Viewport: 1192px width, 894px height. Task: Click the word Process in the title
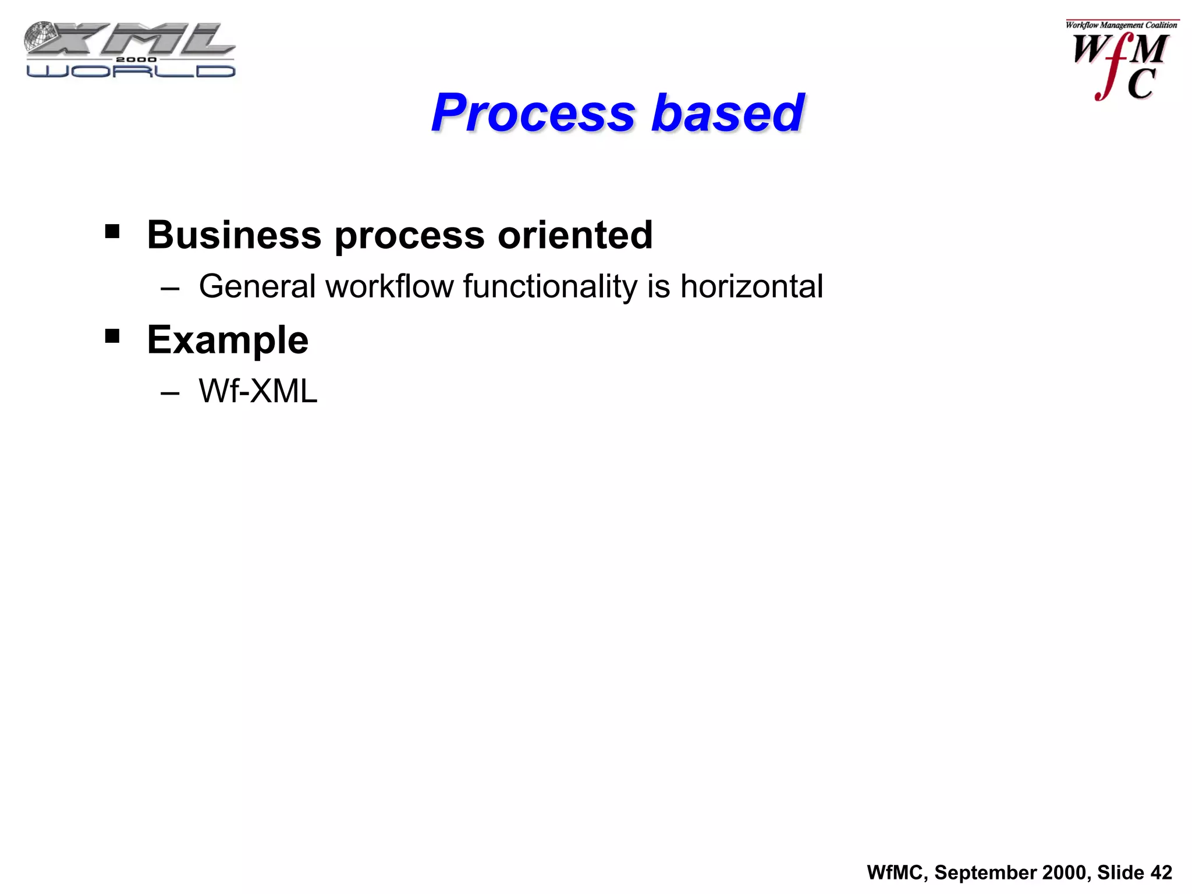coord(533,113)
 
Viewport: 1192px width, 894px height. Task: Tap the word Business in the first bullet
coord(234,235)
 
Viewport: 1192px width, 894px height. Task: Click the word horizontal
coord(751,286)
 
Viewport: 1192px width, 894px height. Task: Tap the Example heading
coord(228,340)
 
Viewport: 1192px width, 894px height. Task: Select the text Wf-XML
coord(258,391)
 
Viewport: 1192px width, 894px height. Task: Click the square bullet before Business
coord(112,232)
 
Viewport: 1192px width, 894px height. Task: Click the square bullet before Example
coord(112,336)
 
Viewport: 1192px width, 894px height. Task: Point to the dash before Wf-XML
coord(169,393)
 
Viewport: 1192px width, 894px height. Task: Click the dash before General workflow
coord(169,289)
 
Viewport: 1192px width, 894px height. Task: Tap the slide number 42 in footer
coord(1161,872)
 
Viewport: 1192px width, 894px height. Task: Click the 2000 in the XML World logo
coord(136,59)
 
